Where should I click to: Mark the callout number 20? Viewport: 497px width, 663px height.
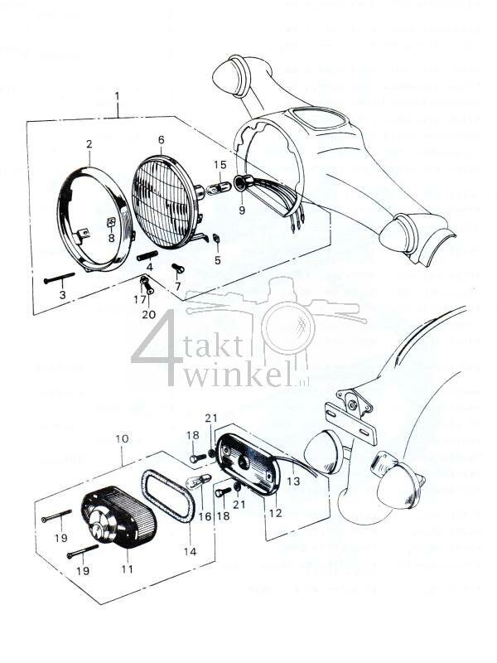click(x=148, y=315)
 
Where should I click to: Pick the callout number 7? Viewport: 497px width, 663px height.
click(x=177, y=287)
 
